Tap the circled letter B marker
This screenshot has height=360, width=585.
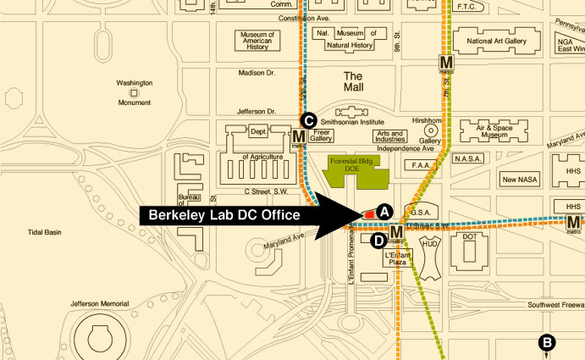click(547, 342)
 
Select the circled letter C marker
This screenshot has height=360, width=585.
click(310, 120)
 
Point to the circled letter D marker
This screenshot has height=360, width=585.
click(378, 241)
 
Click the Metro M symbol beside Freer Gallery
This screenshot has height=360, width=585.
click(298, 136)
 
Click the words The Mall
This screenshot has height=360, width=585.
click(353, 81)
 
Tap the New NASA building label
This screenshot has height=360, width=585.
click(521, 180)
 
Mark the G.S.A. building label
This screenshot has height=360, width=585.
click(422, 212)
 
